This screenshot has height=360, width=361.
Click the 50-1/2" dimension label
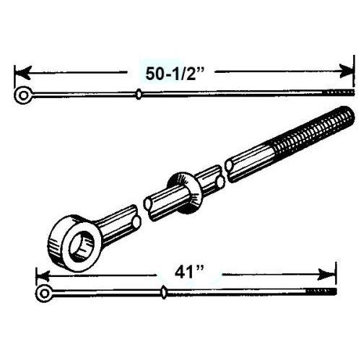click(175, 74)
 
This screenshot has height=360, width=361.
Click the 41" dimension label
click(189, 273)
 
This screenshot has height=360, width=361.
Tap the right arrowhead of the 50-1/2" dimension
click(346, 71)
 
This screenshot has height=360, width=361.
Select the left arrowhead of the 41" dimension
click(43, 275)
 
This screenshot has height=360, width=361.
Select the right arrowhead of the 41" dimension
click(326, 274)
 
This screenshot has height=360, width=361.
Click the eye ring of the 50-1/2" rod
click(23, 95)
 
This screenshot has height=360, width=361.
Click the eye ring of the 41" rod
click(44, 294)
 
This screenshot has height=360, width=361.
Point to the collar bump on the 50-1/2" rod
click(139, 94)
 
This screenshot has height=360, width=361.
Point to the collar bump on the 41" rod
click(164, 292)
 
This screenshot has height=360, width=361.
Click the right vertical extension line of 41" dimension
click(336, 276)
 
